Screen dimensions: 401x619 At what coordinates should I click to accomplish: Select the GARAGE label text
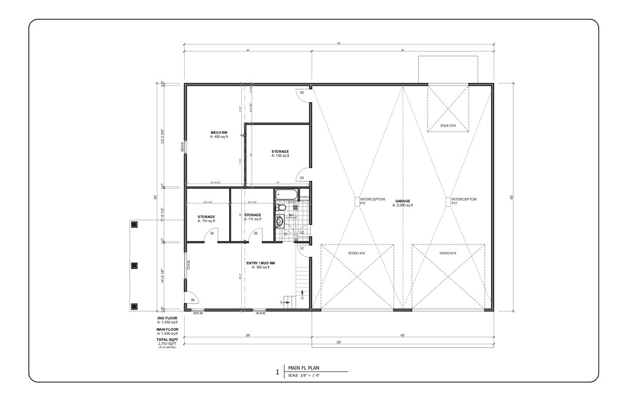click(402, 201)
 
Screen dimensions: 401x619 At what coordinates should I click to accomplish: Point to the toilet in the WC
click(280, 207)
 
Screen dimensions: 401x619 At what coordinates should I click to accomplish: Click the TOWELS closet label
click(304, 197)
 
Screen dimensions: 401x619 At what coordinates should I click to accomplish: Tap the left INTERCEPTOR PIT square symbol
click(356, 202)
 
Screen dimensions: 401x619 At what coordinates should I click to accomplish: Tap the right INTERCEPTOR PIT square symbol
click(447, 202)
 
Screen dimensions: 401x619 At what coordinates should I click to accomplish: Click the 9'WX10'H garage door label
click(447, 126)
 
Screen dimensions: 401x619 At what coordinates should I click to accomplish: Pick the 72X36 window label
click(189, 265)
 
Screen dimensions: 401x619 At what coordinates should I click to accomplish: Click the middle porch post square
click(134, 265)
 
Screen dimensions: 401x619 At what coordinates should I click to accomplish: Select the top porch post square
click(134, 225)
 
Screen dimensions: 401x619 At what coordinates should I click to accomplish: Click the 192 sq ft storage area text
click(280, 156)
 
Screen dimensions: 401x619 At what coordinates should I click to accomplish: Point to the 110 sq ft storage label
click(206, 221)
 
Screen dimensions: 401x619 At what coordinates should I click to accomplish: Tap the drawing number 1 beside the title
click(278, 372)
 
